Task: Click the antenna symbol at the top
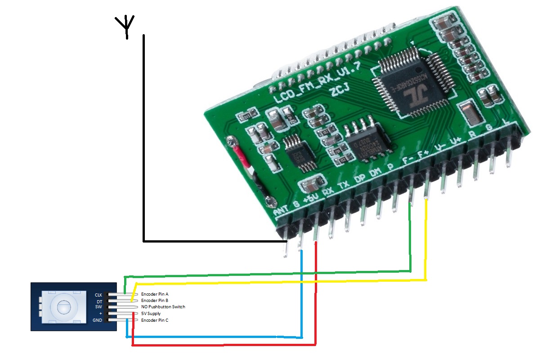[x=126, y=26]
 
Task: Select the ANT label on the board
[x=282, y=211]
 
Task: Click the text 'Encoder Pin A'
[x=155, y=294]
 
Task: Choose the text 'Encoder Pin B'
[x=155, y=300]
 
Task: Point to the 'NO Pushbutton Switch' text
[x=163, y=307]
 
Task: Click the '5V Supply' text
[x=151, y=314]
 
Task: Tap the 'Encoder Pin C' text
[x=155, y=320]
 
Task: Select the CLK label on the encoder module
[x=99, y=295]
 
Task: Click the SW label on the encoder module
[x=99, y=307]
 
